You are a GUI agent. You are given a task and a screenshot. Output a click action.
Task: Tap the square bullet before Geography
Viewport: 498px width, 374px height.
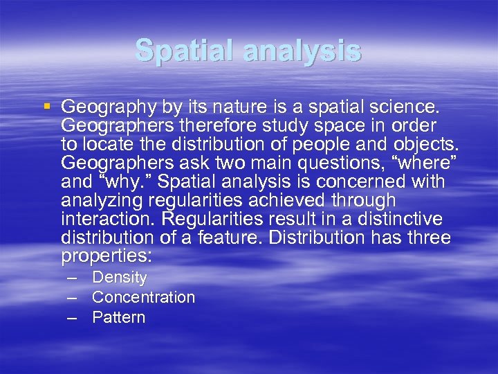pos(47,107)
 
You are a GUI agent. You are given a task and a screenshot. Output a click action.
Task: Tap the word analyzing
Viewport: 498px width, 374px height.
pos(102,202)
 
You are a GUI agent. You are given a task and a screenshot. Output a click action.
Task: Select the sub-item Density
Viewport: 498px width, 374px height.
pos(119,278)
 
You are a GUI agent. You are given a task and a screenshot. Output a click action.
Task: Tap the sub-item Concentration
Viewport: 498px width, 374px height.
pos(143,298)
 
